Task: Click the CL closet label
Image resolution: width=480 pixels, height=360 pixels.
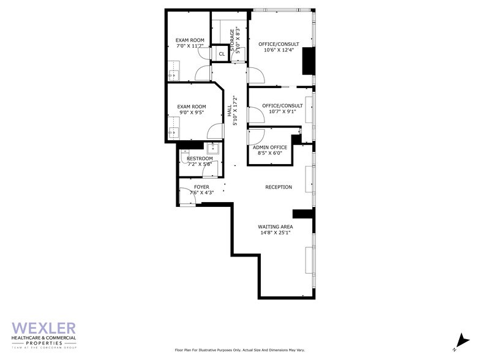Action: coord(222,54)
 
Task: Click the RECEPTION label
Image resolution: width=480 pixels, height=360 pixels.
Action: coord(279,187)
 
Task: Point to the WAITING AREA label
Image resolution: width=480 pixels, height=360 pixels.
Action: coord(275,227)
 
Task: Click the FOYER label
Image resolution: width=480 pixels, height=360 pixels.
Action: coord(201,187)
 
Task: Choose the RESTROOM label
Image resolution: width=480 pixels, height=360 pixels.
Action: coord(200,159)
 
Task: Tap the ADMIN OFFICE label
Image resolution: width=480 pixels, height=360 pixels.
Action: coord(270,148)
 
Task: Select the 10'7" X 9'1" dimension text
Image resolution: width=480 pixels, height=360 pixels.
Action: coord(279,111)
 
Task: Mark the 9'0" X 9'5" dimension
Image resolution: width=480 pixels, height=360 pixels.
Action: coord(191,113)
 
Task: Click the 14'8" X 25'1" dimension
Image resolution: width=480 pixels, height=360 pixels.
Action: coord(275,233)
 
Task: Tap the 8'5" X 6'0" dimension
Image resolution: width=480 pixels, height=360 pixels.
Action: coord(270,154)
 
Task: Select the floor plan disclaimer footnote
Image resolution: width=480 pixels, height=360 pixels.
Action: coord(239,350)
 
